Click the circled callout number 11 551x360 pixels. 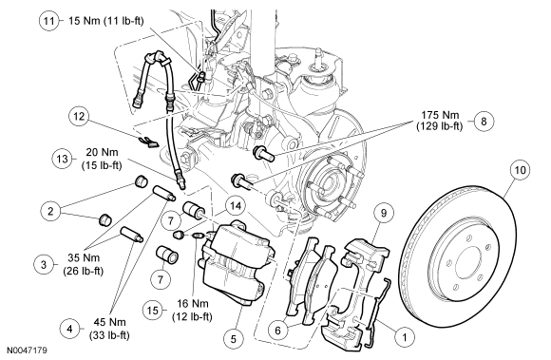(48, 21)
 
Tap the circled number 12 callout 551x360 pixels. (79, 116)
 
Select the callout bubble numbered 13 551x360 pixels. (62, 159)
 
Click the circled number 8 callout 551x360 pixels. (484, 122)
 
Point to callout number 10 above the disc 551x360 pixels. (520, 170)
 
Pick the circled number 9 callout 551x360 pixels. (384, 213)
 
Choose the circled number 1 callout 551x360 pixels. (404, 337)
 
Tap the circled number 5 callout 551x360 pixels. (234, 339)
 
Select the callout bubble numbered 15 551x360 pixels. (153, 310)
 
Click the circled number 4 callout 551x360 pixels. (69, 329)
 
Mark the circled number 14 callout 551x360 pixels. (236, 206)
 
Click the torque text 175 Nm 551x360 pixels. (440, 115)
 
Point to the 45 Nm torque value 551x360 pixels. (109, 322)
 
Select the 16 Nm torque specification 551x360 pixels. (192, 304)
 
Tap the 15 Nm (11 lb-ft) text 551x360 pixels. (105, 21)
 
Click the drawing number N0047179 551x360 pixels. (27, 351)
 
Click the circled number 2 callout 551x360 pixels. (51, 211)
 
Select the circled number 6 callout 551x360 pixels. (277, 331)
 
